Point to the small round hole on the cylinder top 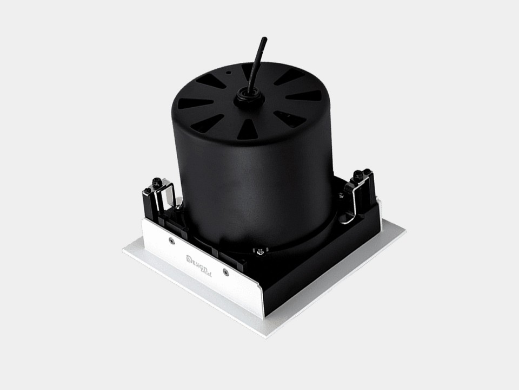pyautogui.click(x=228, y=71)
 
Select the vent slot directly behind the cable pyautogui.click(x=250, y=72)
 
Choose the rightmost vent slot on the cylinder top pyautogui.click(x=304, y=96)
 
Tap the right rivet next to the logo pyautogui.click(x=225, y=272)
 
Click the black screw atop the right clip pyautogui.click(x=359, y=175)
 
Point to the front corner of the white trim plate pyautogui.click(x=265, y=336)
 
